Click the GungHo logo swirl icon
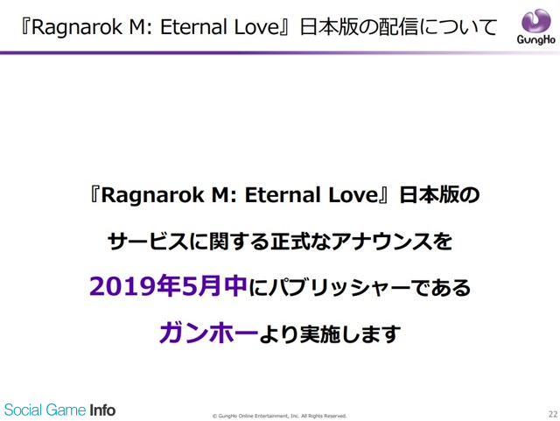[535, 20]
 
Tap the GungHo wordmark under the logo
[535, 39]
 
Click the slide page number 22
[552, 414]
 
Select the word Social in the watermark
[24, 410]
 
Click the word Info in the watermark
[102, 410]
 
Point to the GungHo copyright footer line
[280, 416]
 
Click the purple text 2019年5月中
[168, 286]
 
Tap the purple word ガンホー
[208, 333]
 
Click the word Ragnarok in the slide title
[77, 27]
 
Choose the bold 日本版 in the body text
[429, 195]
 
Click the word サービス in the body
[148, 242]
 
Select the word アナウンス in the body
[381, 242]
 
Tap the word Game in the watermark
[66, 410]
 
